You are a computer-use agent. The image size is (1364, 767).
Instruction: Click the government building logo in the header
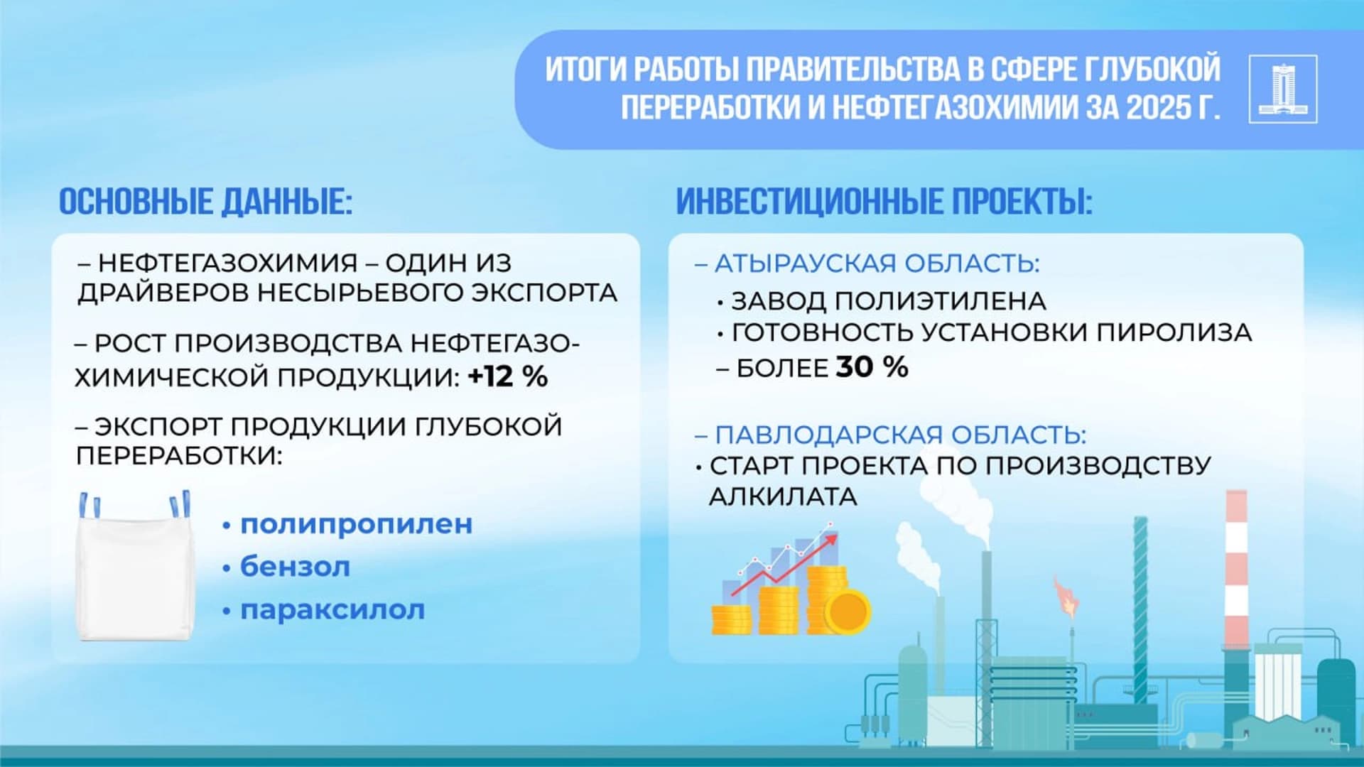tap(1282, 89)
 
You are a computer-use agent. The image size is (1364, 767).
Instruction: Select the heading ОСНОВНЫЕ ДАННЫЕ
tap(205, 202)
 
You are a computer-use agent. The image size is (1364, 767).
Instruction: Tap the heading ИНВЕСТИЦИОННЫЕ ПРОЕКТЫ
tap(884, 202)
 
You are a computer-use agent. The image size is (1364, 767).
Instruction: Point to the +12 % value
tap(508, 376)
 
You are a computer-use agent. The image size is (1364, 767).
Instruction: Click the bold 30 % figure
tap(872, 367)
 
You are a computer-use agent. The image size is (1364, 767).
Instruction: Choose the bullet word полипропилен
tap(356, 524)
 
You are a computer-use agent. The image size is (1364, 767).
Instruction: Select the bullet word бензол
tap(295, 567)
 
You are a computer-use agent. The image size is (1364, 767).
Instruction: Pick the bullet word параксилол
tap(332, 609)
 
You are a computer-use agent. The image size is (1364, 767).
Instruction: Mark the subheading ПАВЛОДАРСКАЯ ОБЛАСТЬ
tap(900, 434)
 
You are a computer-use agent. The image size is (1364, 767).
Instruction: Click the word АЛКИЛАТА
tap(783, 496)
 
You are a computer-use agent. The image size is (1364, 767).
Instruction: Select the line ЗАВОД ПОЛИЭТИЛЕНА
tap(888, 301)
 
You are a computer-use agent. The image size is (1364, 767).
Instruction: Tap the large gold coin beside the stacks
tap(847, 611)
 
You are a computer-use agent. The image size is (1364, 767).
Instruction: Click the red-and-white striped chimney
tap(1236, 568)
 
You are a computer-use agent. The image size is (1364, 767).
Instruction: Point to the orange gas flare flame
tap(1065, 597)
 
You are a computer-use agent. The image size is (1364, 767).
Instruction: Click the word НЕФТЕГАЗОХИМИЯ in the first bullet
tap(227, 263)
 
